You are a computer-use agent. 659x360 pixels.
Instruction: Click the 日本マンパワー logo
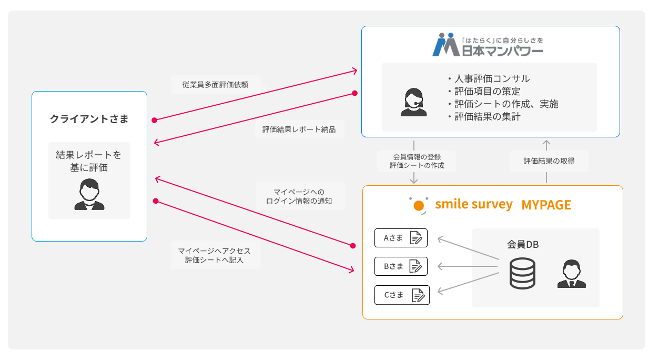point(488,45)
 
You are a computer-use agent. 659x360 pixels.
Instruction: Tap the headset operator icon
point(414,102)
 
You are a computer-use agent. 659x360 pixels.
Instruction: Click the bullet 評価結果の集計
point(487,117)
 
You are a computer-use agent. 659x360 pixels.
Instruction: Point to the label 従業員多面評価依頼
point(215,84)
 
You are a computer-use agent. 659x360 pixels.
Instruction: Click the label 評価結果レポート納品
point(299,129)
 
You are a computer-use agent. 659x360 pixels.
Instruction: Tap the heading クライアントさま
point(89,119)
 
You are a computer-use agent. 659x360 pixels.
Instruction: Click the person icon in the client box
point(89,195)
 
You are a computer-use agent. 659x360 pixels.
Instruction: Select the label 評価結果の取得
point(549,161)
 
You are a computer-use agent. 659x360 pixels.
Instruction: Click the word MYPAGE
point(546,205)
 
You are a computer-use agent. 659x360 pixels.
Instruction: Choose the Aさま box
point(401,238)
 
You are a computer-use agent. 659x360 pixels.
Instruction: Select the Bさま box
point(401,266)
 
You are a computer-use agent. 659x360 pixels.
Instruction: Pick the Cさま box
point(402,295)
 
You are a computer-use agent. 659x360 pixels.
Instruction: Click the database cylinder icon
point(522,274)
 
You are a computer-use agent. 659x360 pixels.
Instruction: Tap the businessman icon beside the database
point(571,274)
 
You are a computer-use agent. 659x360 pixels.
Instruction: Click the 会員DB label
point(522,245)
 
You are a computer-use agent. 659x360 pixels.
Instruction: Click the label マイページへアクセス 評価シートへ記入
point(215,255)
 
